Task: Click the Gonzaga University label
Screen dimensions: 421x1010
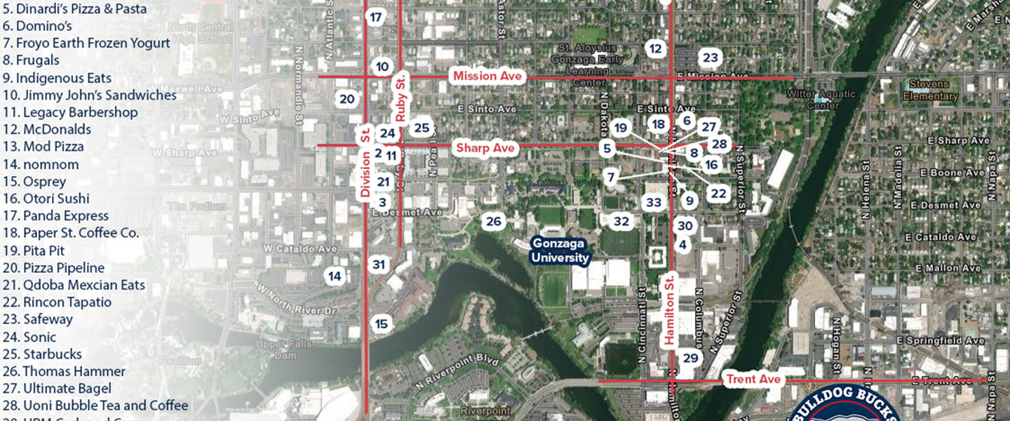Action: [x=559, y=250]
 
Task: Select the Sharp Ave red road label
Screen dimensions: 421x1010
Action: [x=486, y=148]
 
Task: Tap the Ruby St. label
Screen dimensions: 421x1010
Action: [x=400, y=102]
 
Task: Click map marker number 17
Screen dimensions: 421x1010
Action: [x=376, y=18]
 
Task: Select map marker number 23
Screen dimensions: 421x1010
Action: [x=710, y=58]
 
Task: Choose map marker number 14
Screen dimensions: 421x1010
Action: [x=335, y=276]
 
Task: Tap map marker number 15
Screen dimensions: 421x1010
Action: [x=382, y=323]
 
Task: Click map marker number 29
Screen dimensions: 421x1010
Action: [x=691, y=358]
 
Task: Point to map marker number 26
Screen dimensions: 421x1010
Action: [x=494, y=222]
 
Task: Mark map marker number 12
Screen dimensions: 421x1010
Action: [x=656, y=48]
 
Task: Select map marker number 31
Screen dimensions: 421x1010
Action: [x=379, y=265]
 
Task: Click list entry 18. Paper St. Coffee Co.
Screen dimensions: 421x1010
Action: [x=70, y=233]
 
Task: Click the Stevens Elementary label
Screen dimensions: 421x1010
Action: [x=930, y=90]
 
